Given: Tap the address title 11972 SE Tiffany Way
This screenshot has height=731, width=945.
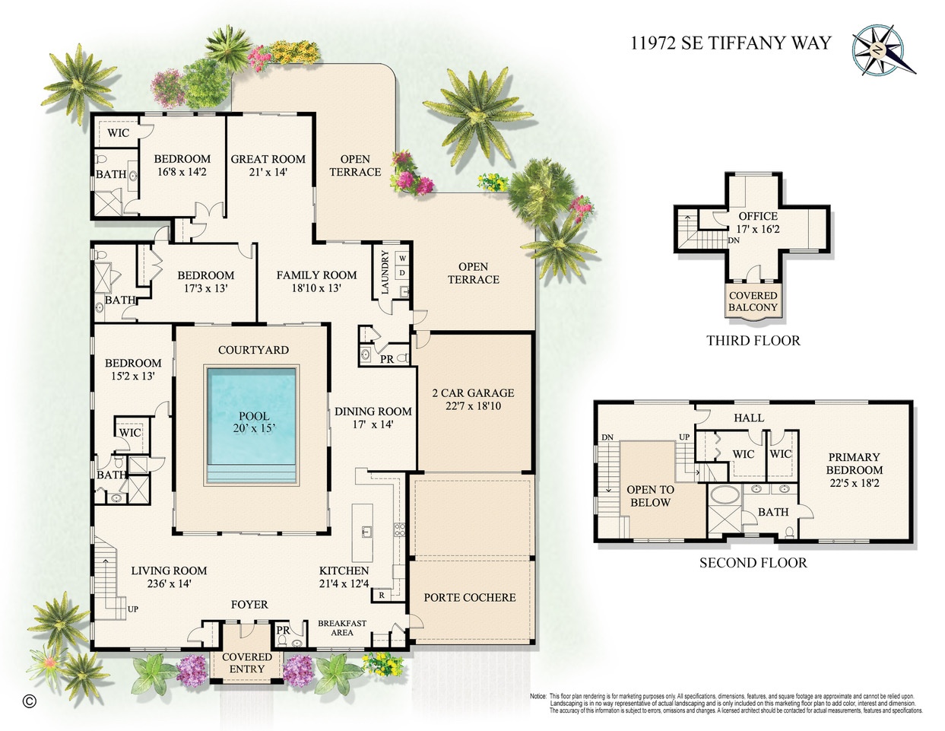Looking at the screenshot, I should pyautogui.click(x=731, y=43).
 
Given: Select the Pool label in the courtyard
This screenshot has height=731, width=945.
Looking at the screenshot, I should pyautogui.click(x=253, y=416).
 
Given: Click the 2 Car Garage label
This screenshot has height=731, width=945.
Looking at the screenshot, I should pyautogui.click(x=473, y=393).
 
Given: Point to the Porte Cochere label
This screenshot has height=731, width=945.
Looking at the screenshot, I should pyautogui.click(x=470, y=597).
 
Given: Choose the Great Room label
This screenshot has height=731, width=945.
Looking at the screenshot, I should pyautogui.click(x=268, y=159).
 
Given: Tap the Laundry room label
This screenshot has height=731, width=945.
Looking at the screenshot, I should pyautogui.click(x=385, y=272).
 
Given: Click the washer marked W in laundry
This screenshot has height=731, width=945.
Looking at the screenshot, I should pyautogui.click(x=402, y=259).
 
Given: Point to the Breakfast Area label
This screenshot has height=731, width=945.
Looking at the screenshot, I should pyautogui.click(x=341, y=628).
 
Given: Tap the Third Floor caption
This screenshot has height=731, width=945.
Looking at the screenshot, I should pyautogui.click(x=753, y=341).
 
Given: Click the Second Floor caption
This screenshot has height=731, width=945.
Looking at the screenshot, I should pyautogui.click(x=753, y=563).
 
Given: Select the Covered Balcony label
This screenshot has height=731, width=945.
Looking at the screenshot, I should pyautogui.click(x=753, y=301).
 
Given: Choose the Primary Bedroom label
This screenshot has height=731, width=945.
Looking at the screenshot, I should pyautogui.click(x=854, y=463).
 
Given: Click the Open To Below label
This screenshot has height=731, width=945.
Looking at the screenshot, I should pyautogui.click(x=650, y=496).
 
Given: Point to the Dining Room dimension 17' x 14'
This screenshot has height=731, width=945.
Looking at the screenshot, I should pyautogui.click(x=373, y=424).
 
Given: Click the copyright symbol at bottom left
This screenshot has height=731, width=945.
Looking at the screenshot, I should pyautogui.click(x=29, y=701).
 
